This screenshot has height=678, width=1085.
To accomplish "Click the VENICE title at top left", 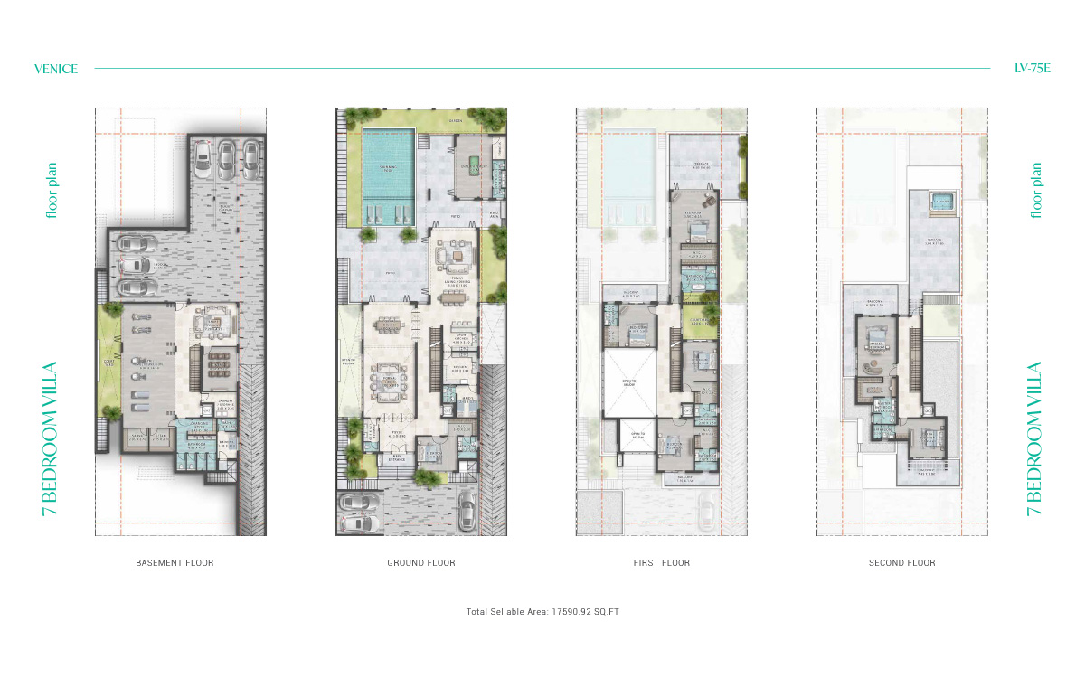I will coord(55,69).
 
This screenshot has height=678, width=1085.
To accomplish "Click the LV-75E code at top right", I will coord(1032,69).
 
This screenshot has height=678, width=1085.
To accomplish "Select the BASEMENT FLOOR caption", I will coord(175,563).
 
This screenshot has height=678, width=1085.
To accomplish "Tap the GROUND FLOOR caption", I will coord(421,563).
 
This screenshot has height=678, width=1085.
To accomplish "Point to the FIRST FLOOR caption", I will coord(662,563).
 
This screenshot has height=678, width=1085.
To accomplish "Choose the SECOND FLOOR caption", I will coord(902,563).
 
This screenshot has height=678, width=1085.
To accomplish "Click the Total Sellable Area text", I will coord(542,612).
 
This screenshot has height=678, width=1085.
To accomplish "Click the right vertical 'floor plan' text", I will coord(1036,190).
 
